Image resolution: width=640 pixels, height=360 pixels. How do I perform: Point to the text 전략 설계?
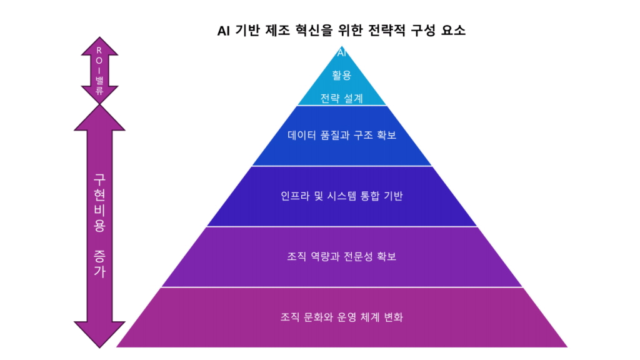pos(341,98)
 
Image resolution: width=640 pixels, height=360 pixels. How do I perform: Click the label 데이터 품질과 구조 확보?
pos(341,135)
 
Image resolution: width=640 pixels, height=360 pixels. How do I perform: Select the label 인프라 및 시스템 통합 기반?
pos(341,196)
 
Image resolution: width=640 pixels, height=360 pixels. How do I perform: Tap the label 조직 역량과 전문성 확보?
pos(341,256)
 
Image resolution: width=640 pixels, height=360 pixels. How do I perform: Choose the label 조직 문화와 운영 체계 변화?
pos(341,317)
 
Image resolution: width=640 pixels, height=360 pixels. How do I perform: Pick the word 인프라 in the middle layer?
pos(294,196)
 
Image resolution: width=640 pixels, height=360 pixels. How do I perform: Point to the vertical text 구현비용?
pos(99,201)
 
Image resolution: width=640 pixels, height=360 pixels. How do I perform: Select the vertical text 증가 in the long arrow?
pos(99,262)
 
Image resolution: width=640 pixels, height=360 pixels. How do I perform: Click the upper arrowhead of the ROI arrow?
pos(99,45)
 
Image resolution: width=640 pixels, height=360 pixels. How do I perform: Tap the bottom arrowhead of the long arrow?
pos(99,334)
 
